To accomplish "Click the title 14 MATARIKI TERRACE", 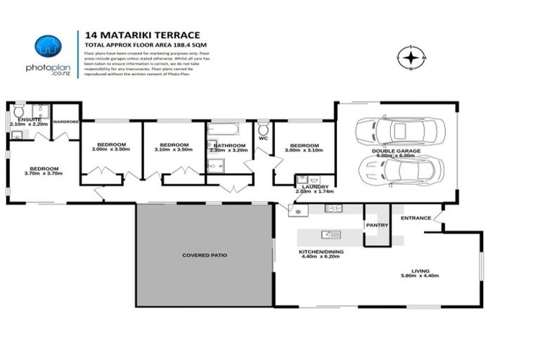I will [x=142, y=34].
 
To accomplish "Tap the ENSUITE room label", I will [x=25, y=120].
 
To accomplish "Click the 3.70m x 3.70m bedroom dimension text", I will [x=44, y=174].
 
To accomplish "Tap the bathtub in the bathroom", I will [x=224, y=129].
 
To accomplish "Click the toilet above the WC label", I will [x=263, y=129].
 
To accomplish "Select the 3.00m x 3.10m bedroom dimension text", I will [x=303, y=150].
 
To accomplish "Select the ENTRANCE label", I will [x=416, y=218].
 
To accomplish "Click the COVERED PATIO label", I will [x=205, y=255].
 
